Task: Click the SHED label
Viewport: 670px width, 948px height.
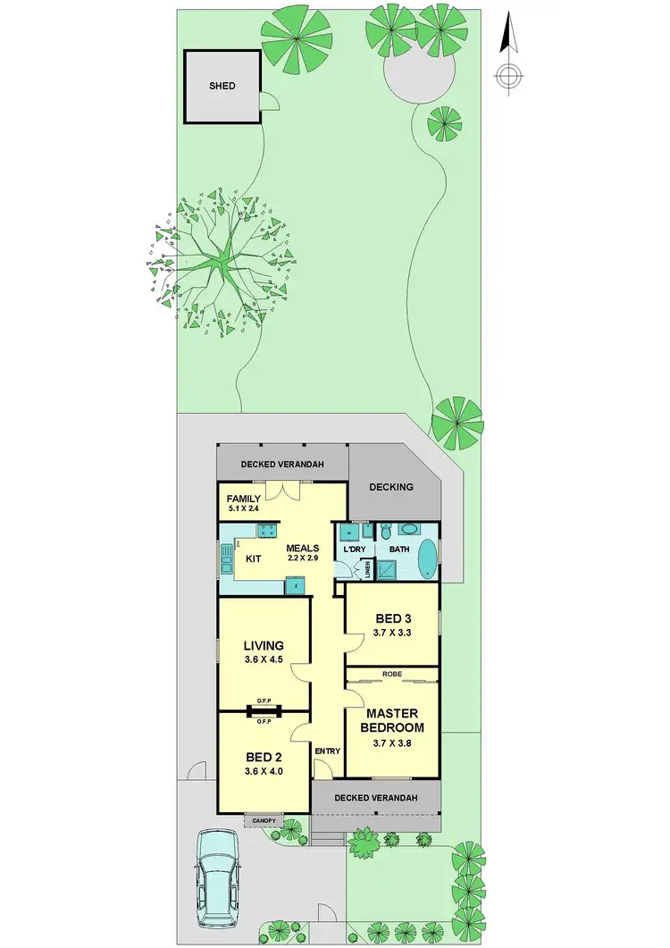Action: click(222, 86)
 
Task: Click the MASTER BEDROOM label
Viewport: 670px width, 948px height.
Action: click(393, 720)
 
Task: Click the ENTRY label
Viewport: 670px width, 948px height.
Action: click(327, 751)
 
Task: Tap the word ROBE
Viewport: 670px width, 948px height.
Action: click(392, 674)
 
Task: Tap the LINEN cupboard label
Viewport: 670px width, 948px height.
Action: click(367, 568)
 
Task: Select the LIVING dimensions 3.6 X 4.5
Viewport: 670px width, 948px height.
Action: click(264, 660)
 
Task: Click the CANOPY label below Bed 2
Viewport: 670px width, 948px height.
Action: click(264, 819)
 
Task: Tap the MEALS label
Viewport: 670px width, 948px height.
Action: click(304, 548)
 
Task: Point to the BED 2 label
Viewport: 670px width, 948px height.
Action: click(264, 756)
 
